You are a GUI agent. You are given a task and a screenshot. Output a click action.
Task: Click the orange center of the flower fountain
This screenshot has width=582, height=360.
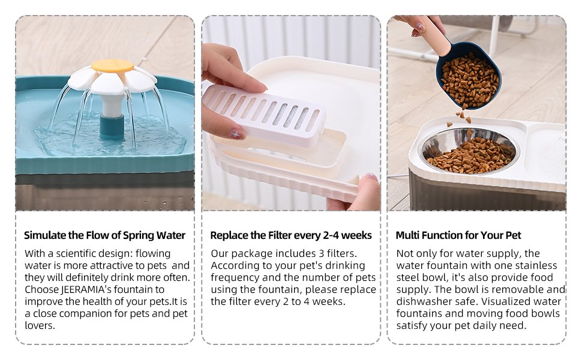pos(112,66)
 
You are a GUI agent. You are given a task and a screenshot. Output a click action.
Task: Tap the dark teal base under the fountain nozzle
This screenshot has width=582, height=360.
pos(112,127)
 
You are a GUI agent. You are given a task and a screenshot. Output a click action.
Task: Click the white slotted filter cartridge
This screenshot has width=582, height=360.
pos(264,114)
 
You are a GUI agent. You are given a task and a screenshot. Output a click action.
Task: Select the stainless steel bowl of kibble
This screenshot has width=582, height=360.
pos(469,151)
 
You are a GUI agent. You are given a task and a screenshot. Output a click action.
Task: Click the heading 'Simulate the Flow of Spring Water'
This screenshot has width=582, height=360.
pos(104,235)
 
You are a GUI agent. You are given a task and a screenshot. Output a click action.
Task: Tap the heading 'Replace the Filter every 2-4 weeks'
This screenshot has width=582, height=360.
pos(291,235)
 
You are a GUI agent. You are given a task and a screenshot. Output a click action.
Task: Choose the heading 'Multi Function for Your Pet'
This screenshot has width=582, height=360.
pos(458,235)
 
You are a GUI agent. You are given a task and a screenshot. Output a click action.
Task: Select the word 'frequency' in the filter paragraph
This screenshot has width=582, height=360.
pos(235,278)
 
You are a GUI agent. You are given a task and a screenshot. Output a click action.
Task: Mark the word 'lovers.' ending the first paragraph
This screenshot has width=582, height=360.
pos(40,325)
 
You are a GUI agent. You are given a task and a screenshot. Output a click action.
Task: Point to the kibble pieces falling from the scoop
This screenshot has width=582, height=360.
pos(461,118)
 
